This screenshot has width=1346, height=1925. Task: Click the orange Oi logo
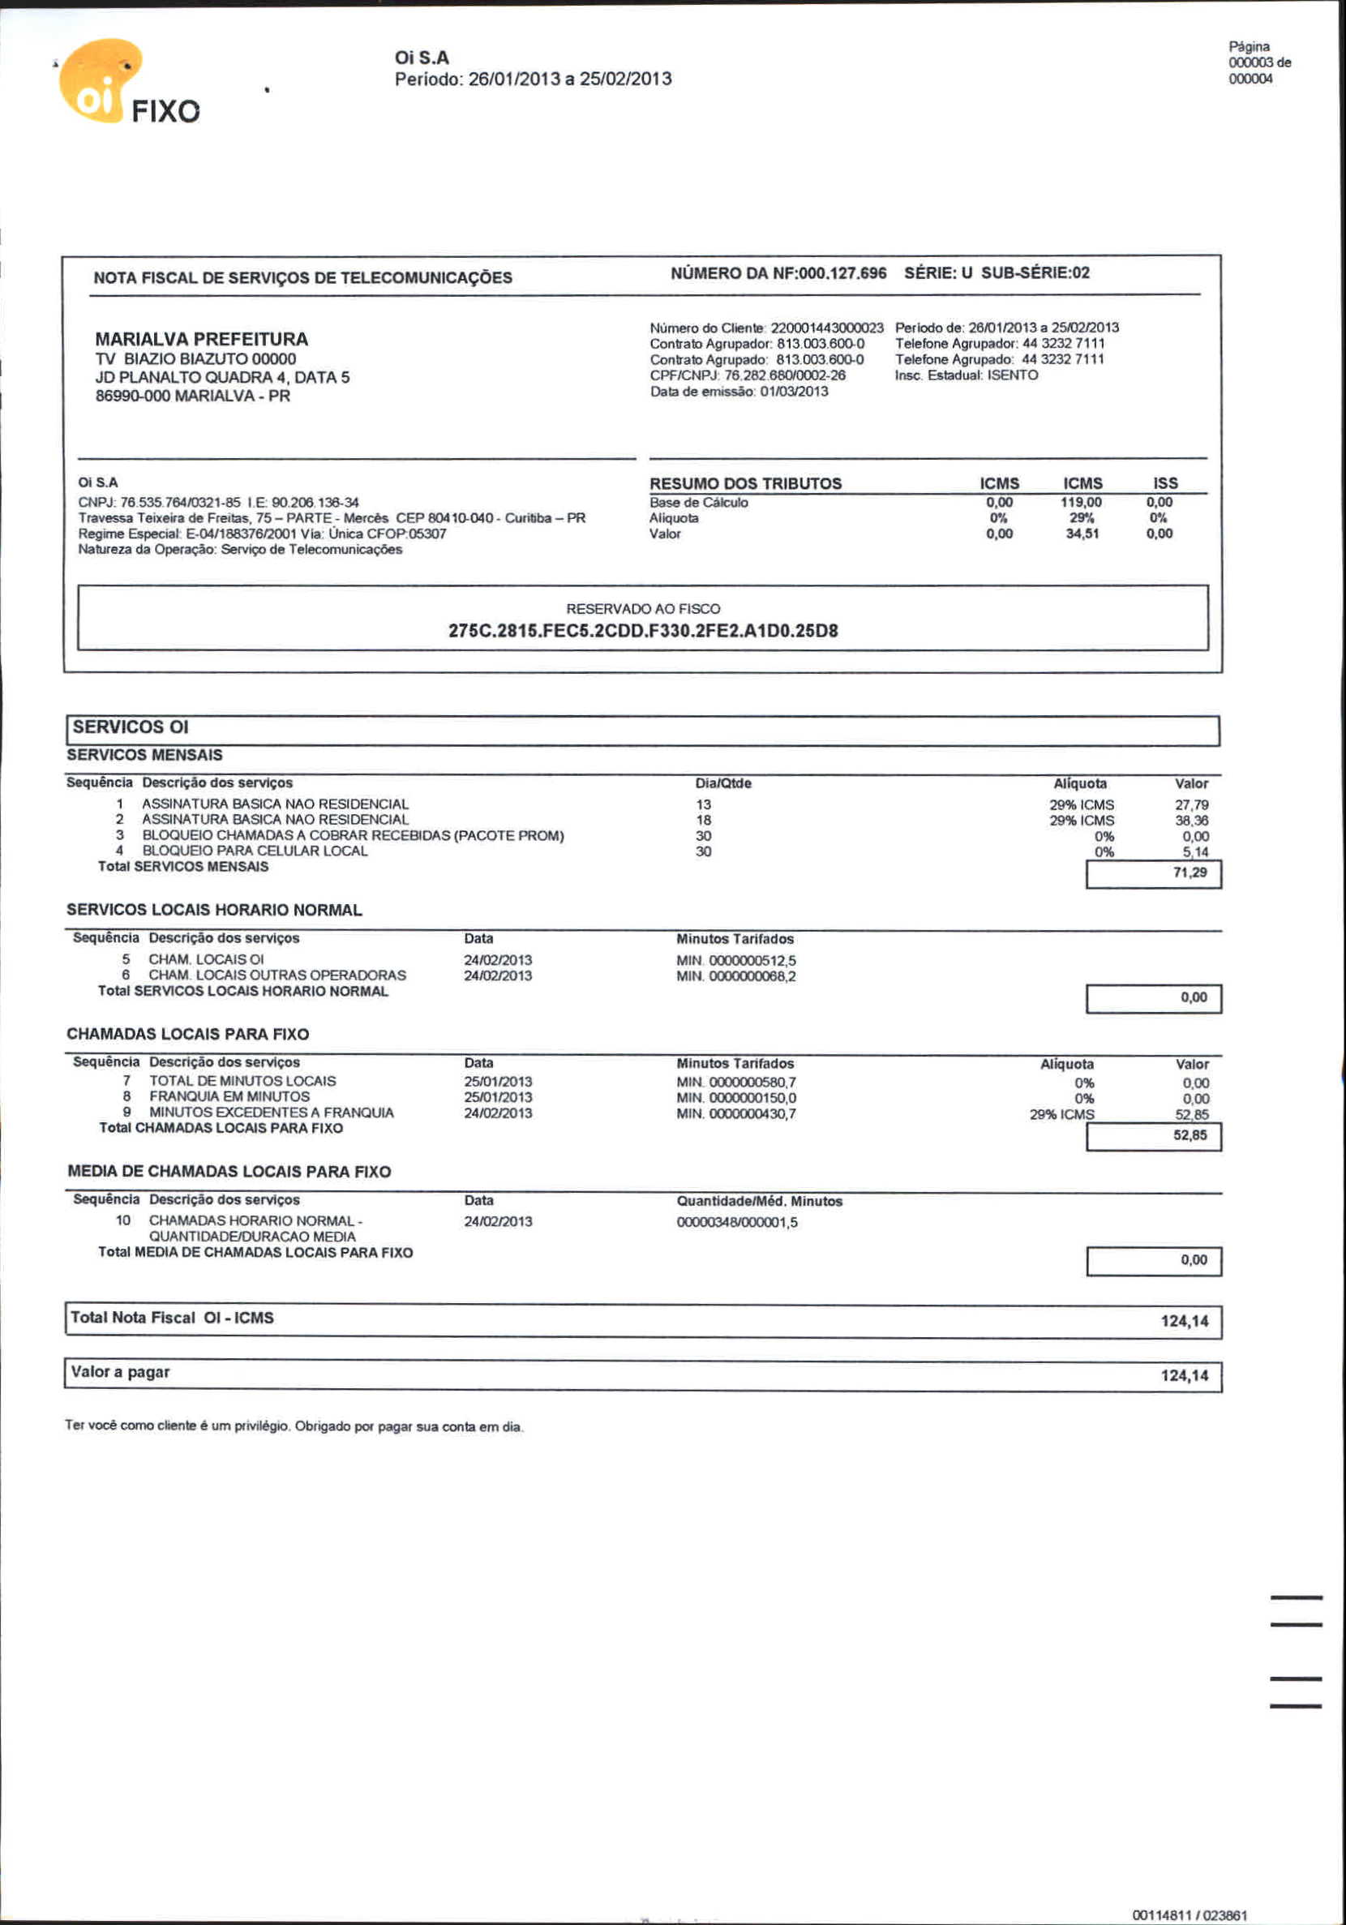[x=99, y=81]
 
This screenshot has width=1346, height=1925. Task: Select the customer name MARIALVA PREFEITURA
[x=201, y=339]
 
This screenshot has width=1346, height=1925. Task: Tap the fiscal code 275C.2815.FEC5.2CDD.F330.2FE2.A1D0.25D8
[x=643, y=631]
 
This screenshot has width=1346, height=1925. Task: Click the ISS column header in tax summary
[x=1165, y=483]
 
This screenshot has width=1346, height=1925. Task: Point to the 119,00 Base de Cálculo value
[x=1081, y=502]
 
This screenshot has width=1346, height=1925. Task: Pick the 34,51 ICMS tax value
[x=1082, y=534]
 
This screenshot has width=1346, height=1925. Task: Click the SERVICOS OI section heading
[x=131, y=727]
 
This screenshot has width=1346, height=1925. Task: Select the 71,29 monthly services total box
[x=1153, y=873]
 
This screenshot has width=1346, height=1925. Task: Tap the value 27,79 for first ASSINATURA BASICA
[x=1191, y=805]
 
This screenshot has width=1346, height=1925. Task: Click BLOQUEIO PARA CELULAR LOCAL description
[x=255, y=851]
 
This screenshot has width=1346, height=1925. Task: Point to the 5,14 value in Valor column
[x=1195, y=852]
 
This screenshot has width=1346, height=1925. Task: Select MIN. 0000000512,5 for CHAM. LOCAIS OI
[x=736, y=961]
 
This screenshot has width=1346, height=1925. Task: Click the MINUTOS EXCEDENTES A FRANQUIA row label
[x=271, y=1113]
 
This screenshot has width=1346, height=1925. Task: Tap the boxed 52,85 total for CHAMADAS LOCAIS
[x=1153, y=1136]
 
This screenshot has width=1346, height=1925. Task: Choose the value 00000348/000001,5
[x=737, y=1223]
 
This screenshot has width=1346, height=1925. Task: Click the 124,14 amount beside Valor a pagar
[x=1184, y=1376]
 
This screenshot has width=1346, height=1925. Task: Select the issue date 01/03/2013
[x=793, y=392]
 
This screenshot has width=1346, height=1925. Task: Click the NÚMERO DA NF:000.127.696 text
[x=778, y=273]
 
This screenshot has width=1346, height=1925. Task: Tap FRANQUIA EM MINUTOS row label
[x=229, y=1096]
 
